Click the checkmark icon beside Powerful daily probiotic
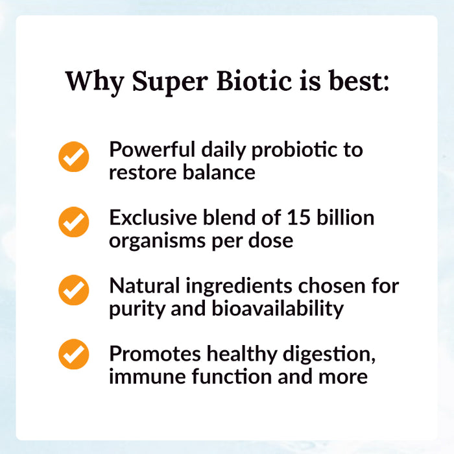[x=73, y=157]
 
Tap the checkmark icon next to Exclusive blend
[x=73, y=222]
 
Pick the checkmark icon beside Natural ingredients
[x=73, y=290]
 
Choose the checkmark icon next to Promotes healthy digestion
[x=73, y=355]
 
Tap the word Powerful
[x=151, y=149]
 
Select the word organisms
[x=155, y=241]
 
